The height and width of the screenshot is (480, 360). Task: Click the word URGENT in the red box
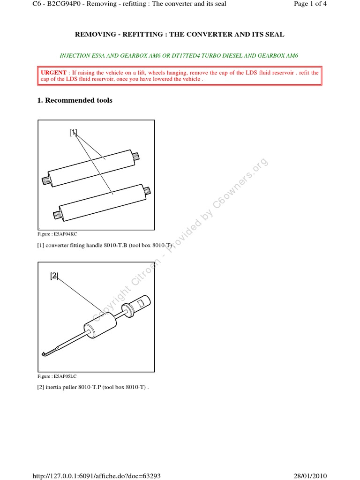point(53,73)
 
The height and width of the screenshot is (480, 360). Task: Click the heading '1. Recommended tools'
point(75,100)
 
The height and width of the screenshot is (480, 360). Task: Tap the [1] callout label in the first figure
point(74,132)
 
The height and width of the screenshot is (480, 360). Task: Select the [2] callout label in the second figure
point(54,276)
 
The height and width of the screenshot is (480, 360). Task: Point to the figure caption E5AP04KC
point(57,234)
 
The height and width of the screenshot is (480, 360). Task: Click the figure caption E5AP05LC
point(57,376)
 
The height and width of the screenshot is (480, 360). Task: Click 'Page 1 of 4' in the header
point(310,4)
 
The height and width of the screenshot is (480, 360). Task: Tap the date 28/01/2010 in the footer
point(310,476)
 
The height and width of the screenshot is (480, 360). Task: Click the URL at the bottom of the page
point(97,476)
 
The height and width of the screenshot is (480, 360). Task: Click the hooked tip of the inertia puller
point(44,354)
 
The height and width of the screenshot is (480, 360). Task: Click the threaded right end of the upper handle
point(136,156)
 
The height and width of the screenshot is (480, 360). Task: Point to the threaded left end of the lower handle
point(56,215)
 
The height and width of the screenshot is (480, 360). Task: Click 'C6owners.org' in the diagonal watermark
point(240,183)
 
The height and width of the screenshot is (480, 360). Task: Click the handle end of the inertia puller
point(142,302)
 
